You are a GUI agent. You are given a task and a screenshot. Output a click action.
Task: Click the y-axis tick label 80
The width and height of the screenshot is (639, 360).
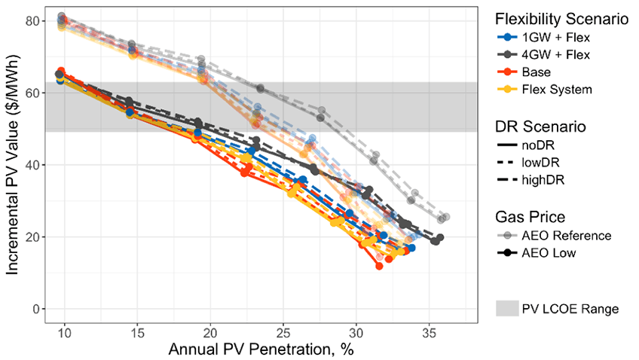30,20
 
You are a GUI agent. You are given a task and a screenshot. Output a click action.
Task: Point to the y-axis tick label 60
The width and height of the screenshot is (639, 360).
30,93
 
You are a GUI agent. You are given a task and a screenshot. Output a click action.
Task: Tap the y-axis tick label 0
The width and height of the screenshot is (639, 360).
34,309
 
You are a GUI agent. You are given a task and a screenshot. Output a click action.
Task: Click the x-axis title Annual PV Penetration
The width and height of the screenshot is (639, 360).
261,349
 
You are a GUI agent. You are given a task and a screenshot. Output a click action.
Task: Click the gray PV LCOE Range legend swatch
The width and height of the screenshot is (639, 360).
507,308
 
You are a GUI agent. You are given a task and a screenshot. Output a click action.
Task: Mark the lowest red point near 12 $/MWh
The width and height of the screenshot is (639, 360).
379,266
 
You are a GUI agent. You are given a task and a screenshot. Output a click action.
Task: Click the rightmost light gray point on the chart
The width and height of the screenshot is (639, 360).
446,217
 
